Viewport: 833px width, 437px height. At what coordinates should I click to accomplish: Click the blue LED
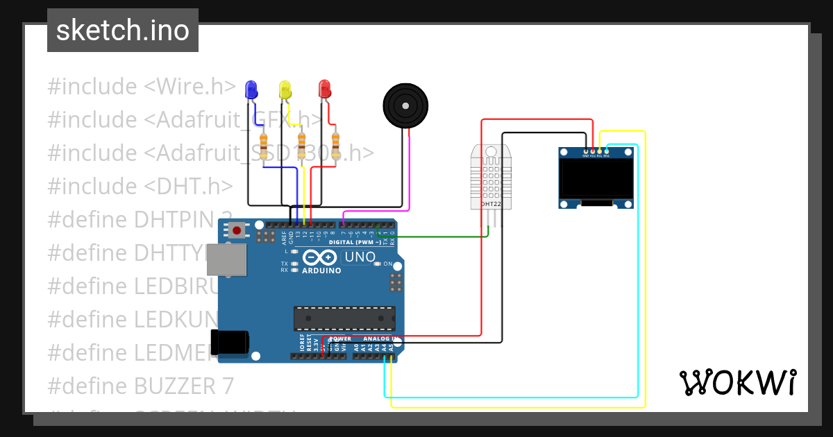(251, 89)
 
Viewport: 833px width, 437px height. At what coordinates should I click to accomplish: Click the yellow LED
(285, 89)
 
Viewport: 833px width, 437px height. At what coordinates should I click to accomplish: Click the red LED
(324, 89)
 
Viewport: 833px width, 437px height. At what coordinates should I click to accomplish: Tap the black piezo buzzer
(405, 105)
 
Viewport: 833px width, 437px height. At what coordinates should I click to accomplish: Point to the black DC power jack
(231, 342)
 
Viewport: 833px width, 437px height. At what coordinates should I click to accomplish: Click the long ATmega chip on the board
(344, 318)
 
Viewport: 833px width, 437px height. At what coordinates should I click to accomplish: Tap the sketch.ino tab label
(123, 31)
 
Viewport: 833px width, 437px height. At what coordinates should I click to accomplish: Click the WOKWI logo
(737, 382)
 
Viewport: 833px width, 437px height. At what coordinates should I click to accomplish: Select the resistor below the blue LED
(264, 146)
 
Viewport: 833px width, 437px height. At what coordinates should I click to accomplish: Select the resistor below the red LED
(336, 145)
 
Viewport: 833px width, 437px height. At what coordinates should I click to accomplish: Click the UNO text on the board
(360, 257)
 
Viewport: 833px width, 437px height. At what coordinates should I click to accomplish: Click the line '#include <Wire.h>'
(142, 87)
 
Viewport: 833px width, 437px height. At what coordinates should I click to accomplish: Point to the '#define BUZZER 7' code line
(141, 386)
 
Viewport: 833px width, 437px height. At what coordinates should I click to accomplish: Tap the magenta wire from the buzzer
(410, 173)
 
